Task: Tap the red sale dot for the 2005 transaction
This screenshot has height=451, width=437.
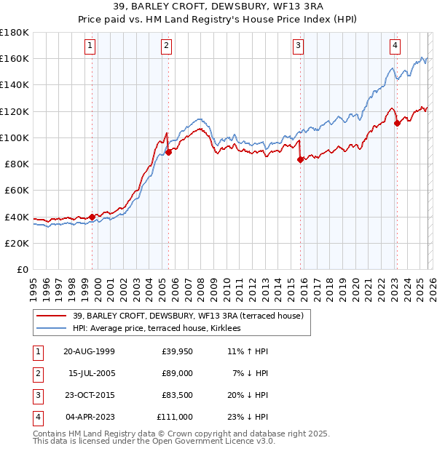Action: click(168, 152)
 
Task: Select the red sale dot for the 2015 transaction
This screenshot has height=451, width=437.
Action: click(300, 160)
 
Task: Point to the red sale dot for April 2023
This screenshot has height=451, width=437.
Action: click(397, 124)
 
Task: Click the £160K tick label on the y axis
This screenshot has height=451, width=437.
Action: click(15, 58)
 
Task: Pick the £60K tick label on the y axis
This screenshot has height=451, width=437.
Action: click(17, 190)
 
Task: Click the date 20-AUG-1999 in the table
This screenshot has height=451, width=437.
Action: click(89, 351)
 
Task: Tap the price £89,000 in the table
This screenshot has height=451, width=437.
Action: click(177, 373)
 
